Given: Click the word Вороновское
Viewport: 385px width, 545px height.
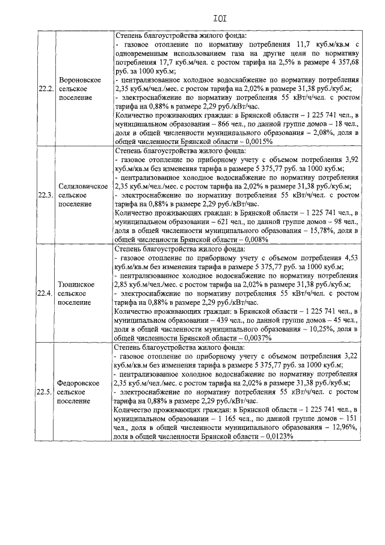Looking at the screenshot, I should (84, 79).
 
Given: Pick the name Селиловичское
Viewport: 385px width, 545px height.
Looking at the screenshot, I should (84, 186).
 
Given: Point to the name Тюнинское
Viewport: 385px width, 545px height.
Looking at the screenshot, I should (84, 284).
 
